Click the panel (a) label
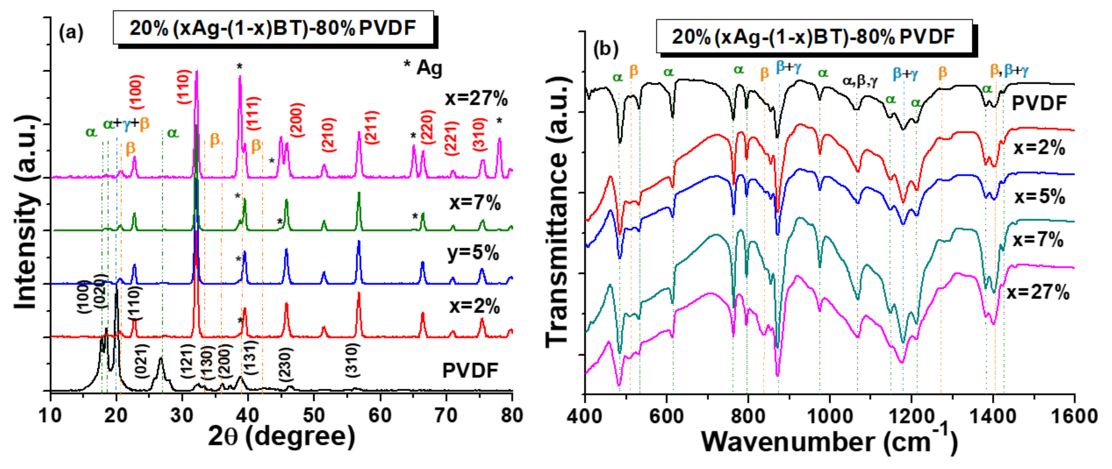(71, 33)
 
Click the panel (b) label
(606, 49)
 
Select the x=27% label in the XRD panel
(476, 98)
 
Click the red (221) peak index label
(451, 139)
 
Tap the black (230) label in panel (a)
(285, 365)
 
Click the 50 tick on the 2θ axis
(313, 415)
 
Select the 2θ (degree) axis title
(281, 436)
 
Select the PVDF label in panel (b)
(1039, 103)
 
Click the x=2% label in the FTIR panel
(1039, 148)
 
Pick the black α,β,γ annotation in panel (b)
(860, 81)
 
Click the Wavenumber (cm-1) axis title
(829, 441)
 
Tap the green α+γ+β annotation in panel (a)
(126, 124)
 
